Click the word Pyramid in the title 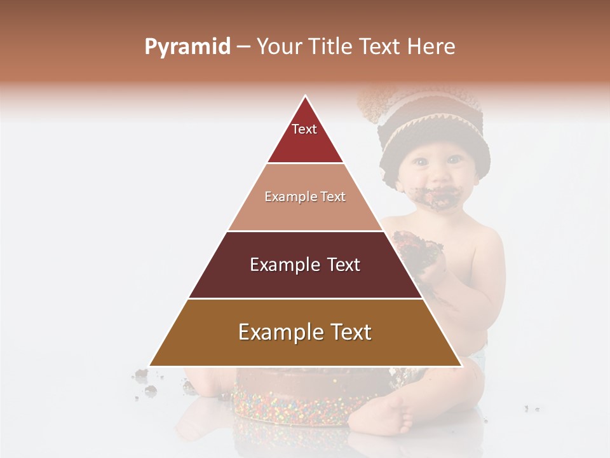tap(187, 47)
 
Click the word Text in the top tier tap(304, 129)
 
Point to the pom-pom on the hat tap(375, 102)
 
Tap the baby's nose tap(439, 172)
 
